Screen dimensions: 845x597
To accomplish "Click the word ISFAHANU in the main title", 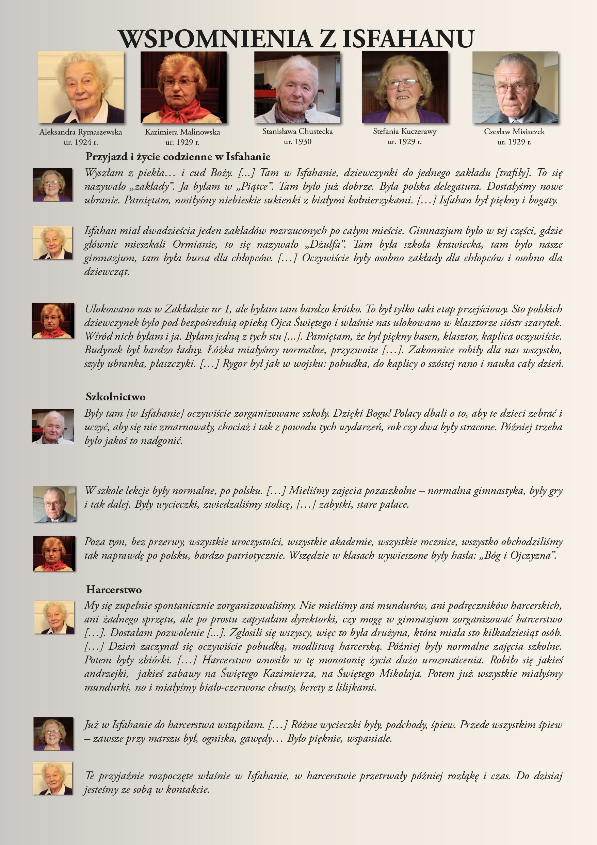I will pos(408,39).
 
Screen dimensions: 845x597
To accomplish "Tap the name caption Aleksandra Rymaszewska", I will pos(81,132).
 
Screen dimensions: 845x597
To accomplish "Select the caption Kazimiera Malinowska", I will pos(182,132).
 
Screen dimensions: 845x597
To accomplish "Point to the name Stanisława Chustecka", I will pos(297,132).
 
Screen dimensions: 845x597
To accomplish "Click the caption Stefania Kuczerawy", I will pos(404,132).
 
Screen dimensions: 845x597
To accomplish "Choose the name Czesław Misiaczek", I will pos(514,132).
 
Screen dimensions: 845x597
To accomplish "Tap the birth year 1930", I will pos(303,142).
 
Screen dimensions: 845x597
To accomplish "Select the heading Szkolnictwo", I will pos(115,397).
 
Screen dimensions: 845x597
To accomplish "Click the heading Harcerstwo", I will pos(114,589).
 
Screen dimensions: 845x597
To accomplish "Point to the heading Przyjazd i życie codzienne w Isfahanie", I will pos(178,157).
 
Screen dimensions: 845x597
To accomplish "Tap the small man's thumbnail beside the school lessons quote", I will pos(54,504).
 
